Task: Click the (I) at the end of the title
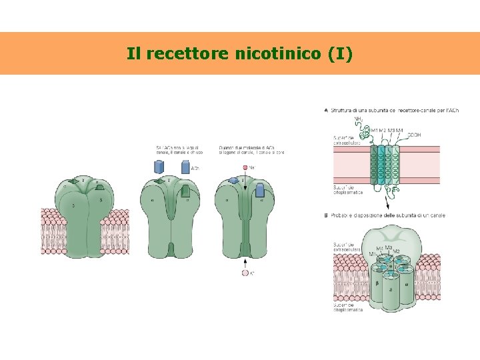[340, 53]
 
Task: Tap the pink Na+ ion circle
[245, 168]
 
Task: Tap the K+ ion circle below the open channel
[245, 273]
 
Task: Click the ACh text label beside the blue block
[195, 169]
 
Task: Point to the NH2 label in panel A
[359, 119]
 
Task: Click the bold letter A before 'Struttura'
[325, 110]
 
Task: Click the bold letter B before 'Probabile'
[325, 215]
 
